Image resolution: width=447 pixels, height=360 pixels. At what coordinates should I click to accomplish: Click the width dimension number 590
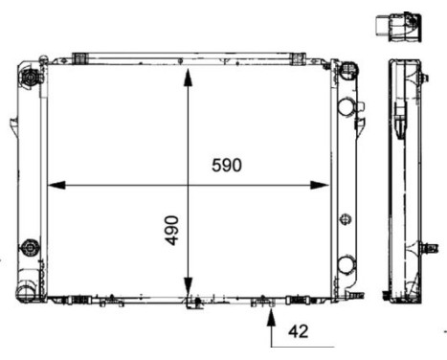227,165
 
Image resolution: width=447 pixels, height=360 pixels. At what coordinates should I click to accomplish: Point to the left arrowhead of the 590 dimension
53,184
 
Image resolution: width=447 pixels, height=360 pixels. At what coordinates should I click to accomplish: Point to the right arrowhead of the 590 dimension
325,184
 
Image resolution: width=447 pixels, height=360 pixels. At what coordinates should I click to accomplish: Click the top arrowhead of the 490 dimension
189,75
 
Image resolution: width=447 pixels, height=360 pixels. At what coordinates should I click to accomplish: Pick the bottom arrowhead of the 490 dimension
189,293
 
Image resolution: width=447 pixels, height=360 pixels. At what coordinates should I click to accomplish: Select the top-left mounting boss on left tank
31,76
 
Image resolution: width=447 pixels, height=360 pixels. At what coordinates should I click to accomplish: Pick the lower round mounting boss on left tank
31,246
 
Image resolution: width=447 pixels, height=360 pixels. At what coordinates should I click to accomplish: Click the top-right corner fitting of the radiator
344,70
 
